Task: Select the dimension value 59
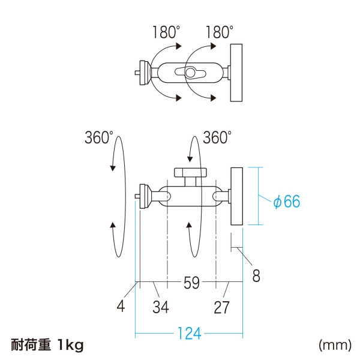[191, 283]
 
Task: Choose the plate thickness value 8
[256, 277]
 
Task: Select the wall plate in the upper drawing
[236, 73]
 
